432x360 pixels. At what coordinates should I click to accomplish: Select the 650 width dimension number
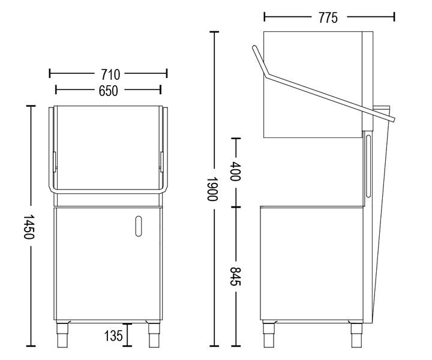[109, 90]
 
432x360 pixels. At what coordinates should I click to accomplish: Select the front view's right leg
[152, 334]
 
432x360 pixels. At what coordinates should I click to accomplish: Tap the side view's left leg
[268, 334]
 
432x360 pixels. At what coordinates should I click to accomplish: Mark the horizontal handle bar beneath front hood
[108, 191]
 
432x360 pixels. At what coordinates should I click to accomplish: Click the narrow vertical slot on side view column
[367, 165]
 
